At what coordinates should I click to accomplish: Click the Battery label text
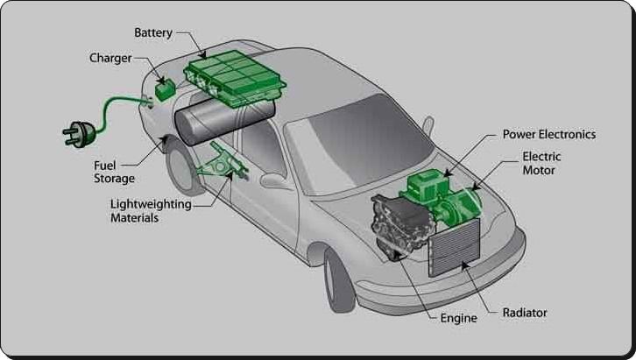pyautogui.click(x=153, y=33)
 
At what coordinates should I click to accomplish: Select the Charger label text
pyautogui.click(x=110, y=59)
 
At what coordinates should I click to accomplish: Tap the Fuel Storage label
pyautogui.click(x=114, y=172)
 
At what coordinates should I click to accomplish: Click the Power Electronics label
pyautogui.click(x=548, y=135)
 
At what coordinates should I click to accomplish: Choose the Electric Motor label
pyautogui.click(x=541, y=164)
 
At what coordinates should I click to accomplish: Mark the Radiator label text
pyautogui.click(x=526, y=312)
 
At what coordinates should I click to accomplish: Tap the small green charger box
pyautogui.click(x=164, y=89)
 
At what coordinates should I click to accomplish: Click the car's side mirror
pyautogui.click(x=275, y=181)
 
